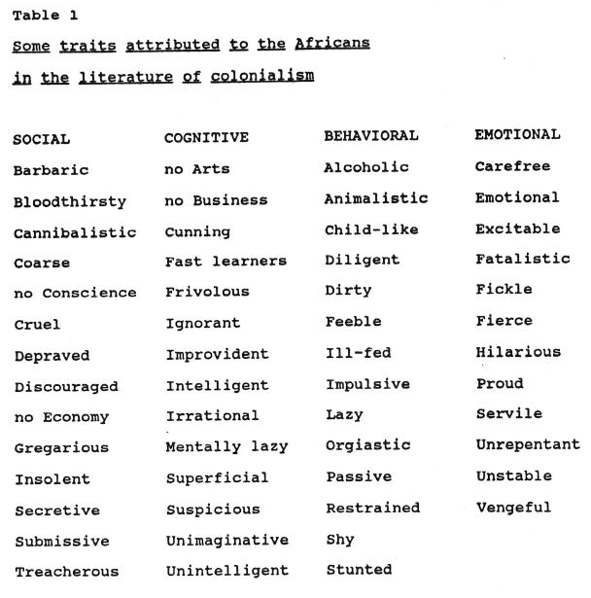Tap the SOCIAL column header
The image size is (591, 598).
coord(41,139)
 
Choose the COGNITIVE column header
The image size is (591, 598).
coord(206,138)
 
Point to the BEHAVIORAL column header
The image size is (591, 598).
coord(370,136)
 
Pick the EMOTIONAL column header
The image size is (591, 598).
coord(517,135)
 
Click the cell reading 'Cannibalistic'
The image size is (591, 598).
coord(75,232)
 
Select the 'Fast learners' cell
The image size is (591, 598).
coord(226,261)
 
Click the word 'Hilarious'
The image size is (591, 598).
coord(518,352)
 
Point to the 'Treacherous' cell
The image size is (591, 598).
coord(66,572)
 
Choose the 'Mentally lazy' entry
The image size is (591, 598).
coord(226,446)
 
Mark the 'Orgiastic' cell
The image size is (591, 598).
coord(367,445)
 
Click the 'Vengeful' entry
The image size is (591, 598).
coord(513,507)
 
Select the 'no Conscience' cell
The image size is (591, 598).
coord(75,293)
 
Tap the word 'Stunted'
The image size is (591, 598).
coord(359,569)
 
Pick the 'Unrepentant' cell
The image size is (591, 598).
coord(527,445)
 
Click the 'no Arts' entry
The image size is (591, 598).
coord(197,169)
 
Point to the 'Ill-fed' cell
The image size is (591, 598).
coord(358,353)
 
